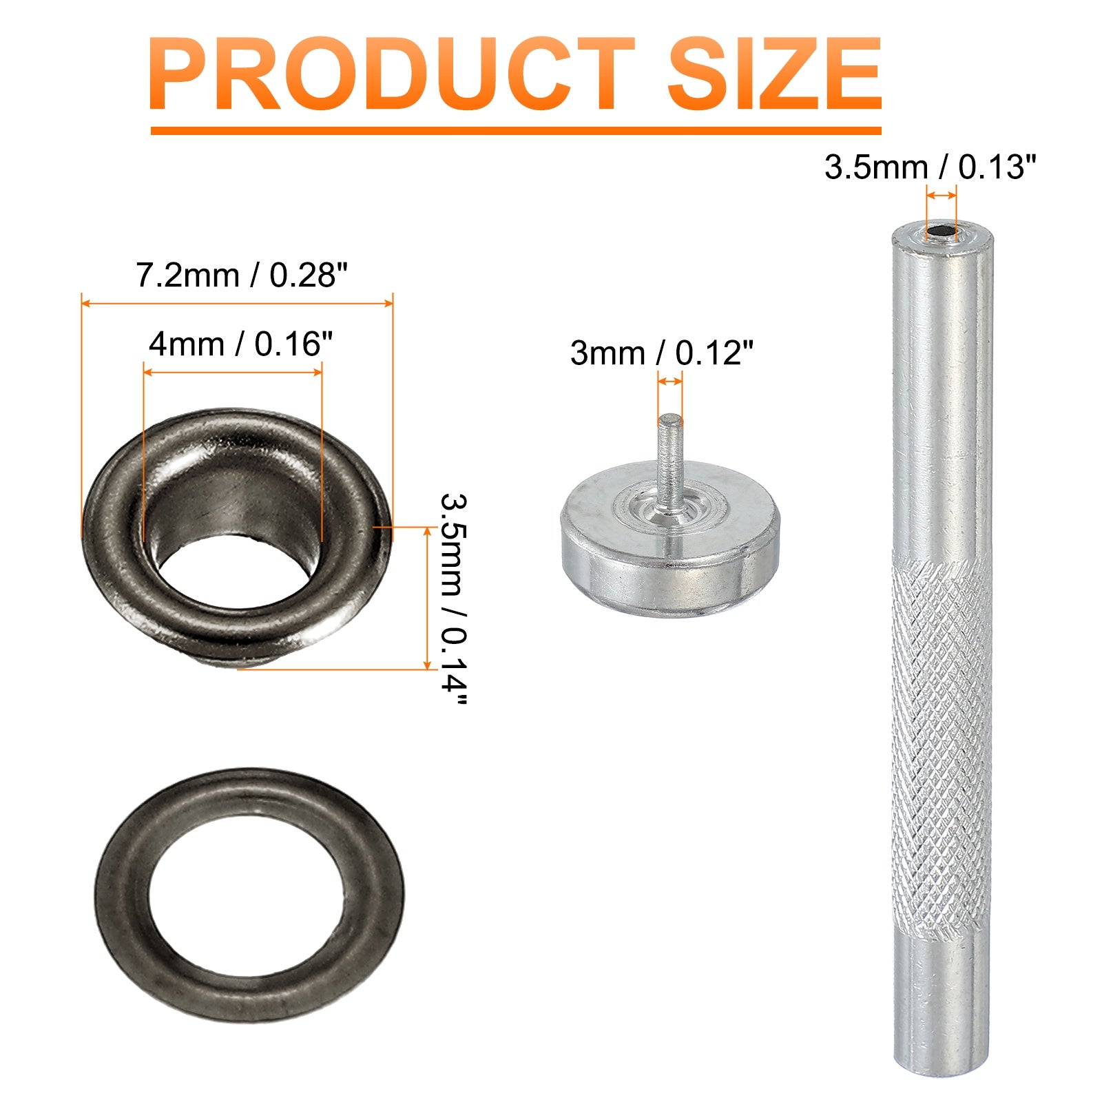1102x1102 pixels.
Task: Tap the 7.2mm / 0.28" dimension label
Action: pos(242,275)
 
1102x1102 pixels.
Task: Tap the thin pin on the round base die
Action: pos(669,461)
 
